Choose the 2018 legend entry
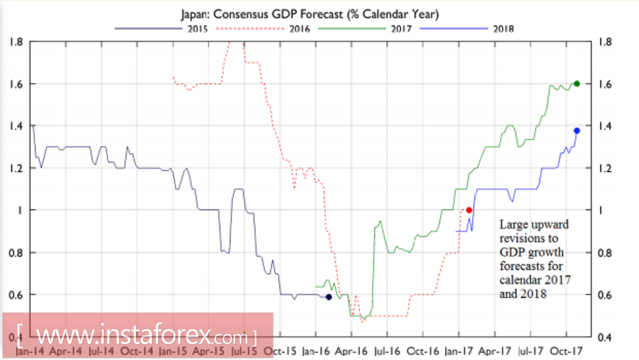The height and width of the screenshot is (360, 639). pyautogui.click(x=503, y=29)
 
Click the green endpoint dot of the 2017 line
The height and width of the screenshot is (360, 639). pyautogui.click(x=576, y=83)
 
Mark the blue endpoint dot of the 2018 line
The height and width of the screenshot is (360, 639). pyautogui.click(x=576, y=131)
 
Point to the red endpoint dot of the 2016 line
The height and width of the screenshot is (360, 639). pyautogui.click(x=469, y=210)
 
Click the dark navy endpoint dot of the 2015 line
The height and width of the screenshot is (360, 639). pyautogui.click(x=328, y=297)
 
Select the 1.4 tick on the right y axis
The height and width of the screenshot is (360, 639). pyautogui.click(x=606, y=126)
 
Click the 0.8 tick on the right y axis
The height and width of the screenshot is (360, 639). pyautogui.click(x=606, y=253)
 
